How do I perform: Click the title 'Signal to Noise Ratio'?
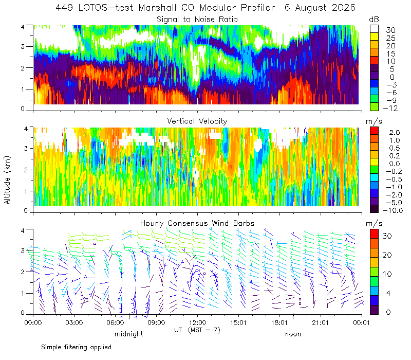197,20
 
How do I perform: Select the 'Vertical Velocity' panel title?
197,121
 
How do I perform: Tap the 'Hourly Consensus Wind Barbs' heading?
197,223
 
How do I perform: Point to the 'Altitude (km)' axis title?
7,180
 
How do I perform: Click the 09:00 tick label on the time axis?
156,322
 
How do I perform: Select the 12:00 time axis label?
197,322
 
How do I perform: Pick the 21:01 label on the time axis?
320,322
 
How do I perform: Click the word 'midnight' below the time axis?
129,334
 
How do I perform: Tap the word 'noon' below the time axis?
293,334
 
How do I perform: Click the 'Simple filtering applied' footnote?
76,348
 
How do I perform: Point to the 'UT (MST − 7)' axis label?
197,330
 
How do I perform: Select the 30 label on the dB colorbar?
390,30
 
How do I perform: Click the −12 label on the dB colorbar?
390,108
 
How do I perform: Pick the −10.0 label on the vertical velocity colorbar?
393,210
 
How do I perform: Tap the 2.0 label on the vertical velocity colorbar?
395,133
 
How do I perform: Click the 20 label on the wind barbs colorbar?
387,255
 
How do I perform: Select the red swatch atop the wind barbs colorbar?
374,234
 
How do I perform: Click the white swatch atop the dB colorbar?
374,29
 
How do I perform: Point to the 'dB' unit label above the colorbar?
374,20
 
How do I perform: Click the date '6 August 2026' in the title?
320,8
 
